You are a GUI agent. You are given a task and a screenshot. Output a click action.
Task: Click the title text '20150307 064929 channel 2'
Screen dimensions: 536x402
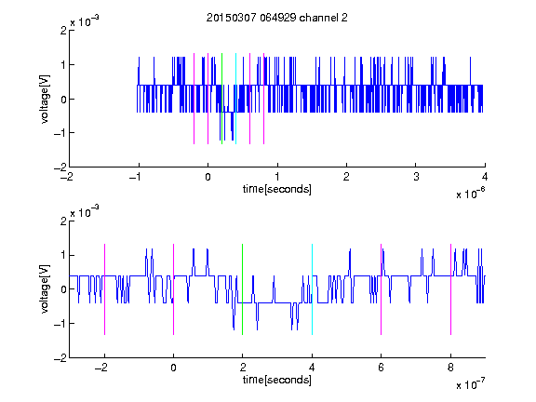(x=277, y=18)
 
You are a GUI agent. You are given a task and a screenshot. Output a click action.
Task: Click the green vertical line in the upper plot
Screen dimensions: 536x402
(x=221, y=99)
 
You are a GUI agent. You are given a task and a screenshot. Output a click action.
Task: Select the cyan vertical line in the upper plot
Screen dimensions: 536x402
(x=235, y=99)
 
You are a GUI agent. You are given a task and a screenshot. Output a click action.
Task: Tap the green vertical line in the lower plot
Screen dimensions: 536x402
(x=242, y=289)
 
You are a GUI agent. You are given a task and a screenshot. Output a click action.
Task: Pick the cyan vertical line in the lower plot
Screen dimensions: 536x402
(x=312, y=289)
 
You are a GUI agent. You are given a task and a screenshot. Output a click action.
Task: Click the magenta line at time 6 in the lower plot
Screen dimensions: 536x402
(x=382, y=289)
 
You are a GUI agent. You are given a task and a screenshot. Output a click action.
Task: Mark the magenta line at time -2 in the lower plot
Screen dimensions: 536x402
(x=104, y=289)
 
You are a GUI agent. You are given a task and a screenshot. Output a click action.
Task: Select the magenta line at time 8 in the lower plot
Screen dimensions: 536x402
(x=451, y=289)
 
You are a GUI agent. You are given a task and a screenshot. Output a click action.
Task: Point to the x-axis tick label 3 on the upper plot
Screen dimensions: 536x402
(x=416, y=177)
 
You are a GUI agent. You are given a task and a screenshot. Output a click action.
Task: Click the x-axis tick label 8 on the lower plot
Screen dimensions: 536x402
(x=451, y=368)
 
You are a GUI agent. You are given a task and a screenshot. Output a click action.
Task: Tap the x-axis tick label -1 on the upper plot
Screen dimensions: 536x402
(x=136, y=177)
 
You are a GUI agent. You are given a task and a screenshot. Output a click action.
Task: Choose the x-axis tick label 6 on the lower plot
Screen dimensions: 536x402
(x=382, y=368)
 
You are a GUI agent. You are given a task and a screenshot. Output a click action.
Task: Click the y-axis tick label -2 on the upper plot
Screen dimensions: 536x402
(x=60, y=167)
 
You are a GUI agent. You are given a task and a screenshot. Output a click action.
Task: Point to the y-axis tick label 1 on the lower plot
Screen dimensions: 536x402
(x=64, y=255)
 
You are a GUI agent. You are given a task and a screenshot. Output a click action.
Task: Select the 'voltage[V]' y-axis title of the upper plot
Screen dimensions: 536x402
(x=45, y=99)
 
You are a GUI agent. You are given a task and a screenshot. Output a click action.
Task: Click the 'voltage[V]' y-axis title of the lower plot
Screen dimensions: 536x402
(x=45, y=289)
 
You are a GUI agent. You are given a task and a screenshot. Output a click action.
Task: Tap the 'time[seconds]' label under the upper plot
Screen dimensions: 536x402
(x=277, y=189)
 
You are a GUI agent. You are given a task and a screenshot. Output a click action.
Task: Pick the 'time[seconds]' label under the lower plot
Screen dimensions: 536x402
(x=277, y=380)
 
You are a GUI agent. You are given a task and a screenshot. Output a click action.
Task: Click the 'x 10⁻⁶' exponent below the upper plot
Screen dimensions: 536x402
(x=470, y=194)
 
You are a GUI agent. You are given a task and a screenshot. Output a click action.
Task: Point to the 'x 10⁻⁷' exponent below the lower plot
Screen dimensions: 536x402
(x=470, y=384)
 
